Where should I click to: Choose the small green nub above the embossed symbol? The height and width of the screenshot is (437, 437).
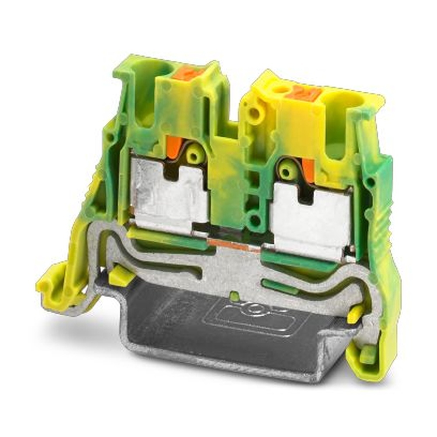235,296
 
